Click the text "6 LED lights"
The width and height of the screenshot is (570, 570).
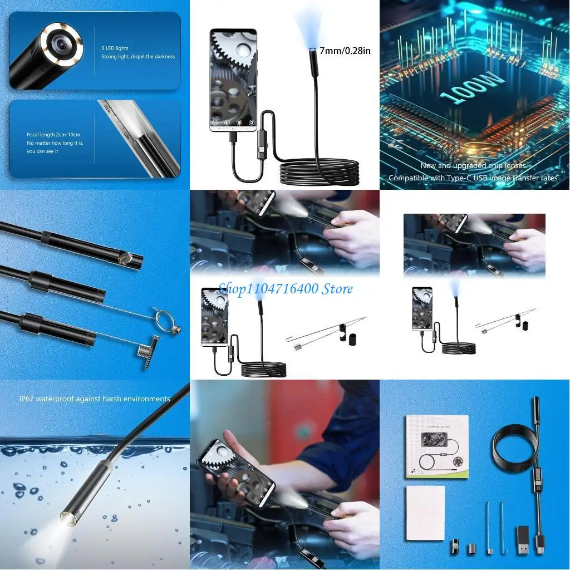click(115, 48)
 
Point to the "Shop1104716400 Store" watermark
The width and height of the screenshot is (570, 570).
click(285, 288)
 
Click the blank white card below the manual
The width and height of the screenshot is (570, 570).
click(425, 513)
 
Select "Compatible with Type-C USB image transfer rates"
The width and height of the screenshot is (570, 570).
click(473, 178)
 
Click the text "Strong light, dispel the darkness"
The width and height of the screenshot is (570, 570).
click(138, 56)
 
